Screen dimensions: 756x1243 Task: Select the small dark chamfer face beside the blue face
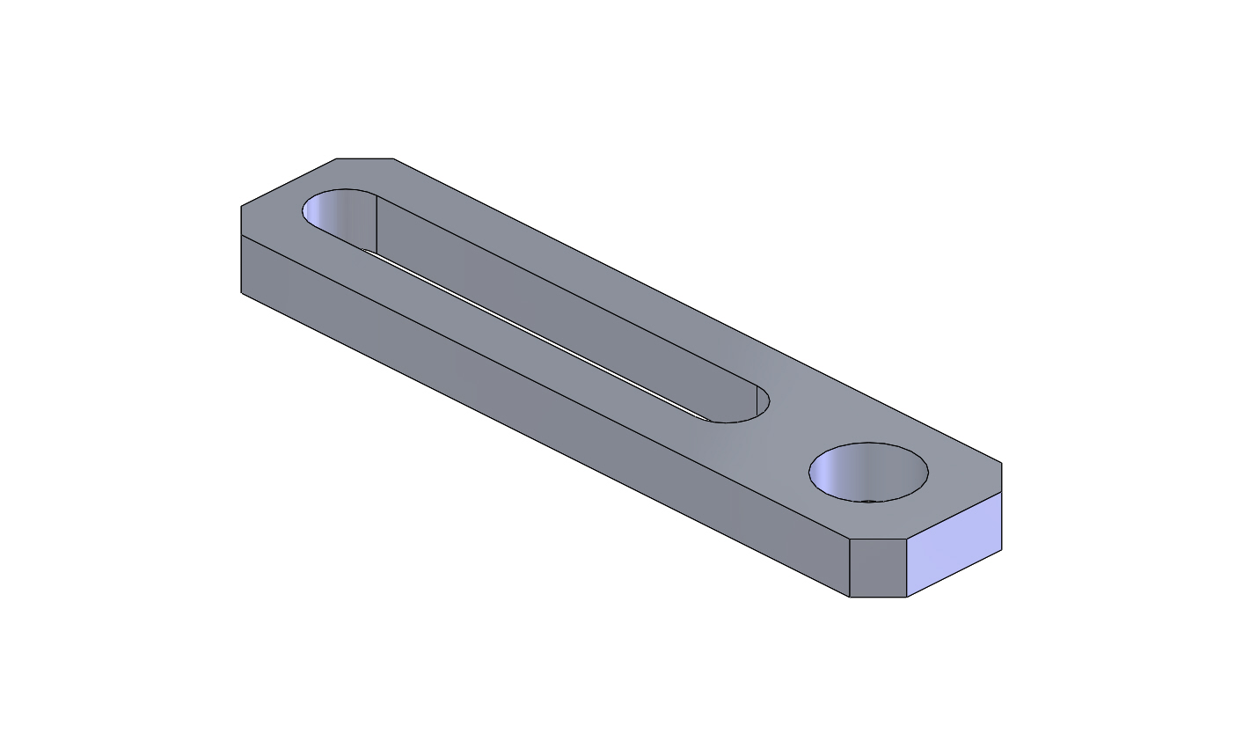[878, 568]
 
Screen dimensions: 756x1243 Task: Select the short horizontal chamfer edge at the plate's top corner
[365, 159]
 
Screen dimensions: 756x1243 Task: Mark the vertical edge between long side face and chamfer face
[850, 568]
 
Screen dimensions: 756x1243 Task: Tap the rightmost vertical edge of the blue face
[1002, 521]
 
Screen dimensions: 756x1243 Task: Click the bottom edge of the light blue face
[954, 574]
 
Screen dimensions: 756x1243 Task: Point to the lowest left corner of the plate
[242, 292]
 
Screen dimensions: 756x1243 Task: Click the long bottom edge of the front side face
[545, 444]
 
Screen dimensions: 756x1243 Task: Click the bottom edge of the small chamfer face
[878, 598]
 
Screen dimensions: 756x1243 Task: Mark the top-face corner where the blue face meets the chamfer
[907, 538]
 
